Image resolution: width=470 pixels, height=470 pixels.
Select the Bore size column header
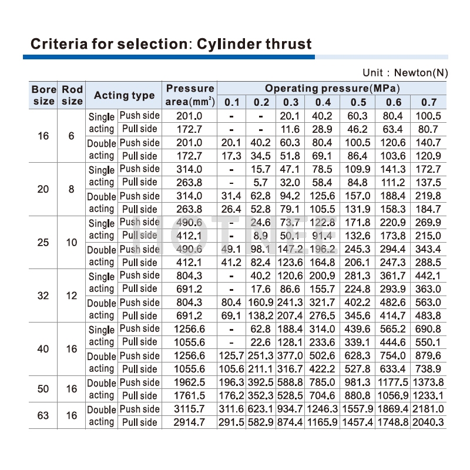click(x=43, y=95)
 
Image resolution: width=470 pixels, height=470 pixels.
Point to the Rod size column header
click(x=72, y=95)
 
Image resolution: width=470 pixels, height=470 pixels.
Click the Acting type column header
click(x=124, y=95)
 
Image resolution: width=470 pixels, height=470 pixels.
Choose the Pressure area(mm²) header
click(x=190, y=95)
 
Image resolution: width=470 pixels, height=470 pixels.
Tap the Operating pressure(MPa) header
click(x=332, y=89)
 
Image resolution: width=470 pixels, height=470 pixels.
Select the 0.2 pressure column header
click(x=261, y=102)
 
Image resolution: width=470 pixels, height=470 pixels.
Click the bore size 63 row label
click(x=43, y=415)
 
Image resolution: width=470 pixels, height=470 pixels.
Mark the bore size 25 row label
click(x=43, y=242)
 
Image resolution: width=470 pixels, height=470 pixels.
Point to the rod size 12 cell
click(x=72, y=296)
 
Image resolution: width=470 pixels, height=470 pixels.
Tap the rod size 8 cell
click(x=72, y=189)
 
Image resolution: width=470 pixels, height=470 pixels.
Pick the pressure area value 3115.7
click(x=190, y=409)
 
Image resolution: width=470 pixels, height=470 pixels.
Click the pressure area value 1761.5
click(x=190, y=395)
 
